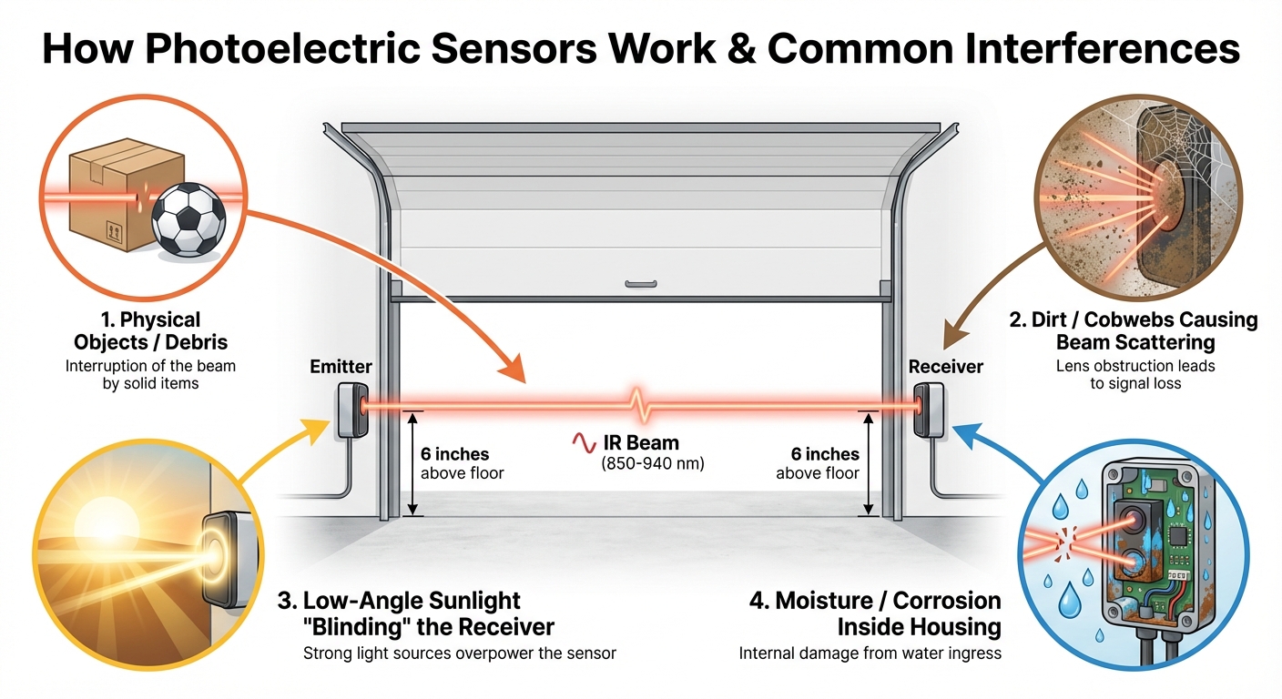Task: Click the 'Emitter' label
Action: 340,366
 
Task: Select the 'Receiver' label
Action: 946,366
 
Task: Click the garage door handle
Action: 641,284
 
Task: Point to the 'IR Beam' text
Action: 641,443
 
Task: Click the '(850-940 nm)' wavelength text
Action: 641,464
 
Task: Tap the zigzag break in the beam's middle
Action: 641,402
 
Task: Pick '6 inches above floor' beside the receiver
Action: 817,463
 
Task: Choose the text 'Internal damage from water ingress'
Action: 870,653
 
